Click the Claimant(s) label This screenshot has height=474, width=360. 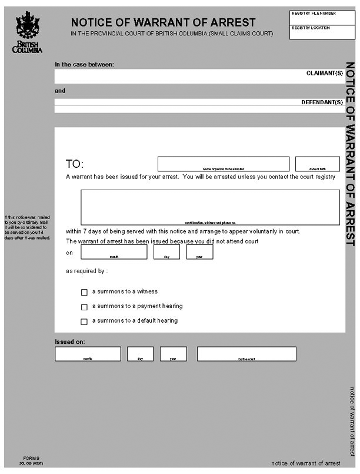pyautogui.click(x=324, y=73)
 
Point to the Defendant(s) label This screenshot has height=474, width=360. pyautogui.click(x=322, y=102)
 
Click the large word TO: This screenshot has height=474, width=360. pyautogui.click(x=75, y=164)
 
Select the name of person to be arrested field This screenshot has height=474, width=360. pyautogui.click(x=223, y=163)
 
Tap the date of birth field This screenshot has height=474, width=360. pyautogui.click(x=317, y=163)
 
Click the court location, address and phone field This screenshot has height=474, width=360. pyautogui.click(x=210, y=207)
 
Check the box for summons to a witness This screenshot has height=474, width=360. pyautogui.click(x=84, y=292)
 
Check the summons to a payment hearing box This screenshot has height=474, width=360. pyautogui.click(x=84, y=307)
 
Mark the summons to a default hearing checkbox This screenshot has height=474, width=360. pyautogui.click(x=84, y=321)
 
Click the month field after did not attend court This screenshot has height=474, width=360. pyautogui.click(x=114, y=251)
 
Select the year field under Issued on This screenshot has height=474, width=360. pyautogui.click(x=173, y=353)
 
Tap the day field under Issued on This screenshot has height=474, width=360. pyautogui.click(x=140, y=353)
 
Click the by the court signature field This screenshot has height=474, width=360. pyautogui.click(x=246, y=353)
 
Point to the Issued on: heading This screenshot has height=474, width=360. pyautogui.click(x=69, y=342)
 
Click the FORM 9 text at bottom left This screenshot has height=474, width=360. pyautogui.click(x=31, y=458)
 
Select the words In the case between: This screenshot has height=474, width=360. pyautogui.click(x=84, y=64)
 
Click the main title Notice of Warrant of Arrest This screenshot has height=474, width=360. pyautogui.click(x=163, y=23)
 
